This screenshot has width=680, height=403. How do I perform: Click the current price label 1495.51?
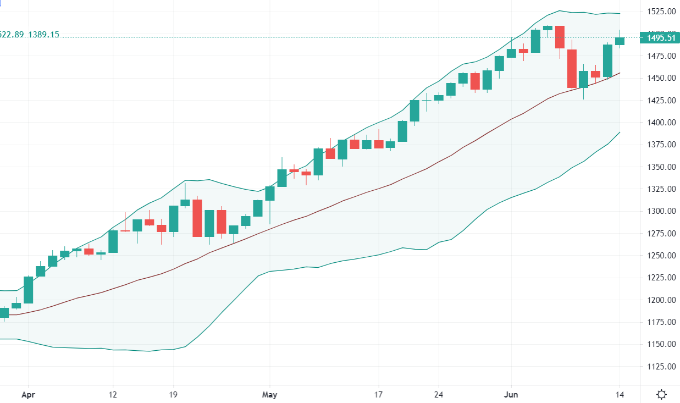(660, 38)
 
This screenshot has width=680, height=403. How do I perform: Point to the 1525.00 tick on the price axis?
(661, 12)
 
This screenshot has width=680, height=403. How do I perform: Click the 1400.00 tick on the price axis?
(661, 122)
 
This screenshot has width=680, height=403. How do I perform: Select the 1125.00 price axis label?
(661, 366)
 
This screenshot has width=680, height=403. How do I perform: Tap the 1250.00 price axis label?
(661, 255)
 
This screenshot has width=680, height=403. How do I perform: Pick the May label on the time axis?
(269, 394)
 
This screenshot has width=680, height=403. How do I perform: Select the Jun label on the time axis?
(511, 394)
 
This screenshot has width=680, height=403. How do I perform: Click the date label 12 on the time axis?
(113, 394)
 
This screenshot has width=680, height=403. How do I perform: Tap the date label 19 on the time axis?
(173, 394)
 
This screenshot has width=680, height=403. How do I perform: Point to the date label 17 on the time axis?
(378, 394)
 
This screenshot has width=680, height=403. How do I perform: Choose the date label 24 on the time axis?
(439, 394)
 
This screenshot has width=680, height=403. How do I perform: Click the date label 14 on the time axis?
(620, 394)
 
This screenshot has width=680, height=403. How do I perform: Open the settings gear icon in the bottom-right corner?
(661, 394)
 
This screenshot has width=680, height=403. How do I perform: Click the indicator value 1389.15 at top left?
(44, 35)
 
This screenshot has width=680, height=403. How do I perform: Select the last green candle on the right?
(620, 41)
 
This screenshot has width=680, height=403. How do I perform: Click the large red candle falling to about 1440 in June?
(572, 68)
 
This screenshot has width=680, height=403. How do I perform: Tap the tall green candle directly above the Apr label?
(28, 290)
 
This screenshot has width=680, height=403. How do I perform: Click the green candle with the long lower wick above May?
(270, 194)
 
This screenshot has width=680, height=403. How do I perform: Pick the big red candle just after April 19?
(197, 218)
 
